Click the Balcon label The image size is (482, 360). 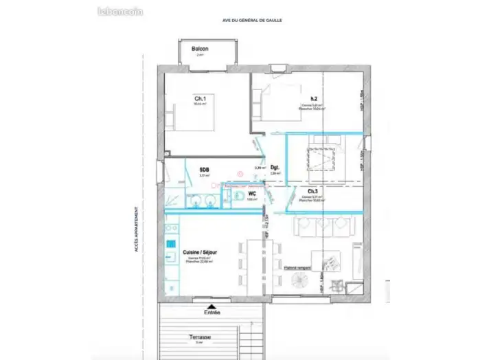coord(200,49)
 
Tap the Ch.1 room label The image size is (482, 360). coord(200,99)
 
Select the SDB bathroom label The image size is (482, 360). coord(204,170)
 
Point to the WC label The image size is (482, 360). coord(252,194)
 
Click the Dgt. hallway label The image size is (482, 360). coord(274,168)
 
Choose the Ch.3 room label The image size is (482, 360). coord(312,191)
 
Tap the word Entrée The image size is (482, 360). coord(212,313)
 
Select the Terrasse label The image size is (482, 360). coord(200,338)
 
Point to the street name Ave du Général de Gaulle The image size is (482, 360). coord(252,21)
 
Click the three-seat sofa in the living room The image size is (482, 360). coord(322,225)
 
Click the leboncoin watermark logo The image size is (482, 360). coord(120,11)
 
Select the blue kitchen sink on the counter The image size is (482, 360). coord(168,244)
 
